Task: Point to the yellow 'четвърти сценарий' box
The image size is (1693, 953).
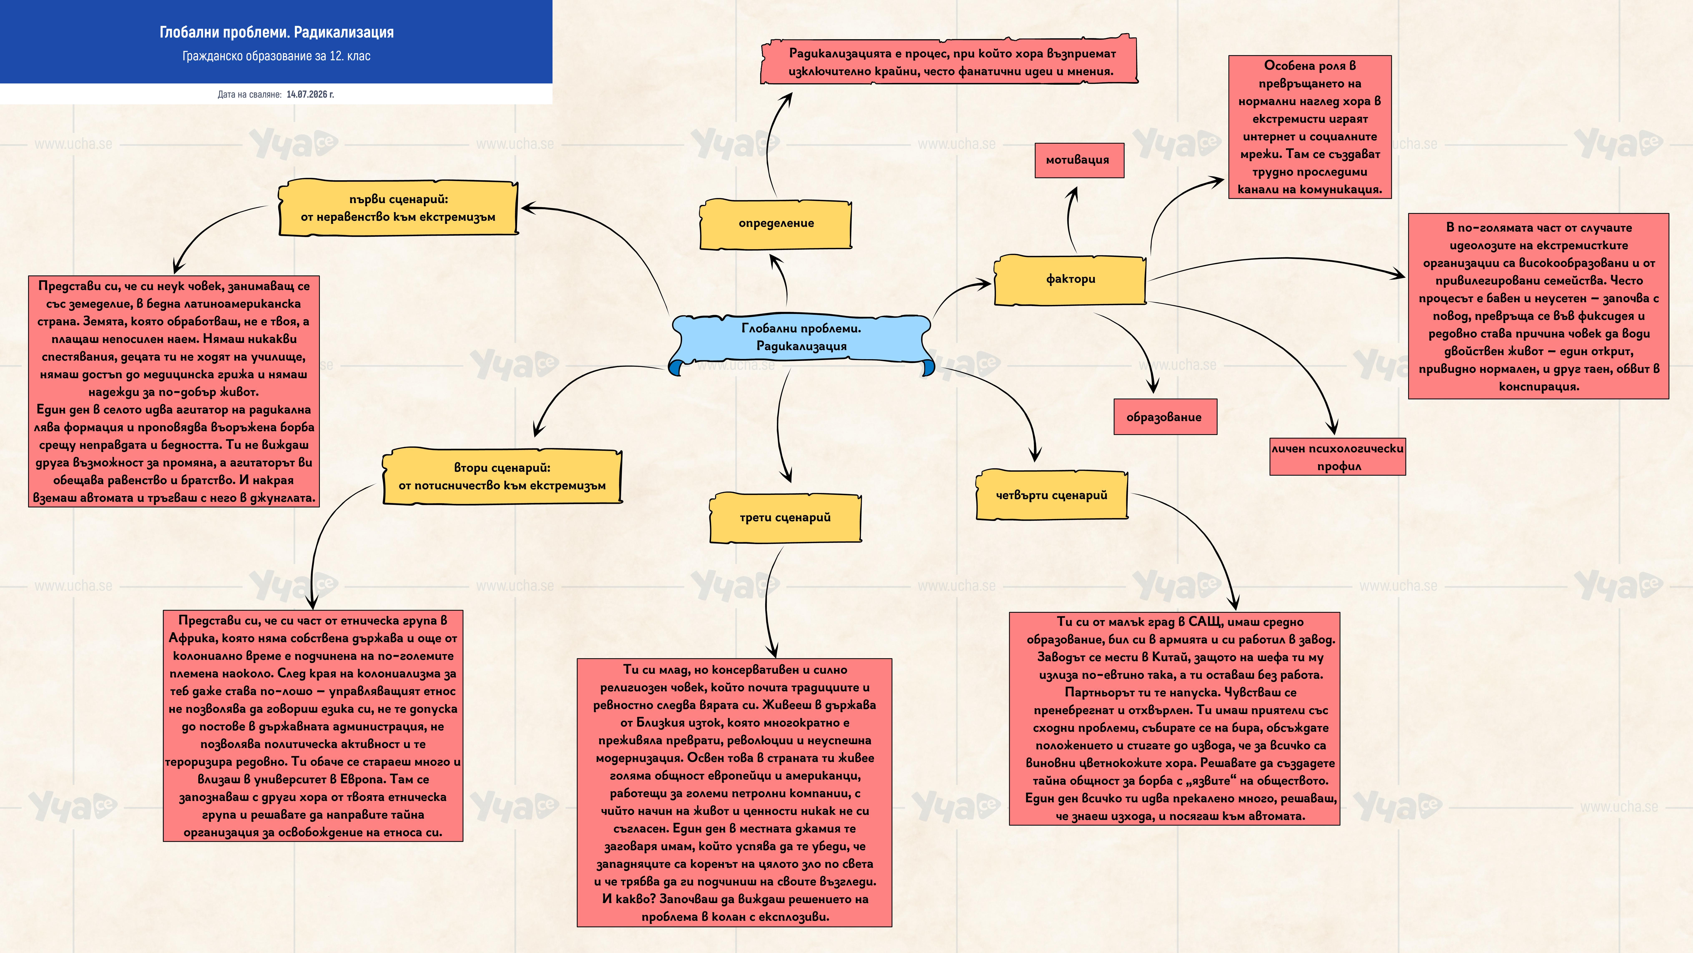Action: click(x=1051, y=495)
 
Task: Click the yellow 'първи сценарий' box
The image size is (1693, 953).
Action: click(x=398, y=208)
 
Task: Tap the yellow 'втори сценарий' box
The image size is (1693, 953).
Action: click(x=502, y=477)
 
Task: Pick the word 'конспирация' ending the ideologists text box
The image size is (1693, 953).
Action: click(x=1539, y=387)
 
